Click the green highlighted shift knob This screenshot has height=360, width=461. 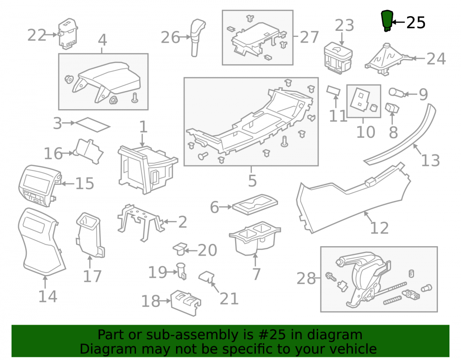[387, 21]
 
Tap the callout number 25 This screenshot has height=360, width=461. [416, 23]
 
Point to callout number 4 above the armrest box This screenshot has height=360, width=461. [102, 40]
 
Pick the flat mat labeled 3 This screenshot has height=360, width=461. [93, 125]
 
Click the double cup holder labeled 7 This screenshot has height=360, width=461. [254, 238]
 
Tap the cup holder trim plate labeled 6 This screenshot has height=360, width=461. [255, 204]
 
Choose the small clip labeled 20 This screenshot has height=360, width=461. [180, 248]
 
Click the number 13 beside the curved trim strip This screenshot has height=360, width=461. [431, 160]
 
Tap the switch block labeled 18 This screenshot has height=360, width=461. [186, 303]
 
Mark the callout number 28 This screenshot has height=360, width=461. [306, 278]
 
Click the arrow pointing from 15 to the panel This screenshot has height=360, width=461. [67, 183]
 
